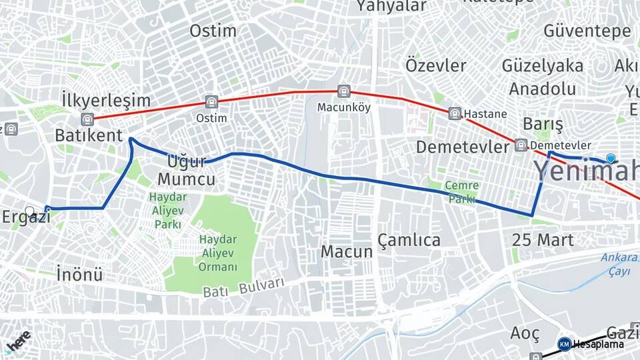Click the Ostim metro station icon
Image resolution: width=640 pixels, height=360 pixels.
point(211,102)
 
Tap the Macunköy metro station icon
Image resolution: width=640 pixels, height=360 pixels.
point(343,91)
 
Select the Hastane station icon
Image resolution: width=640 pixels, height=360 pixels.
point(455,113)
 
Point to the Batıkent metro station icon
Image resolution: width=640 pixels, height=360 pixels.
point(86,119)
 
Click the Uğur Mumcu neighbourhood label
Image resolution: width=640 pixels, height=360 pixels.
point(186,170)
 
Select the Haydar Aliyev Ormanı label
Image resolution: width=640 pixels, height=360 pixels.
point(218,253)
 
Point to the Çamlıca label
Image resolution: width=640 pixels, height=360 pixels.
point(409,240)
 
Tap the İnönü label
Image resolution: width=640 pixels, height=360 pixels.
point(79,273)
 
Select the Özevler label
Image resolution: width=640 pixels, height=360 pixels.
point(436,65)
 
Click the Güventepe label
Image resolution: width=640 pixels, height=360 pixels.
point(587,31)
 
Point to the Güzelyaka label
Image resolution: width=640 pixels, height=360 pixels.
point(543,66)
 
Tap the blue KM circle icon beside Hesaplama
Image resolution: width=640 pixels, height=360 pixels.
point(564,344)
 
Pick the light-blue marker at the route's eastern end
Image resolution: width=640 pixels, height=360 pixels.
point(611,158)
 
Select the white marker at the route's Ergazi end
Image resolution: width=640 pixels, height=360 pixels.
point(29,212)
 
